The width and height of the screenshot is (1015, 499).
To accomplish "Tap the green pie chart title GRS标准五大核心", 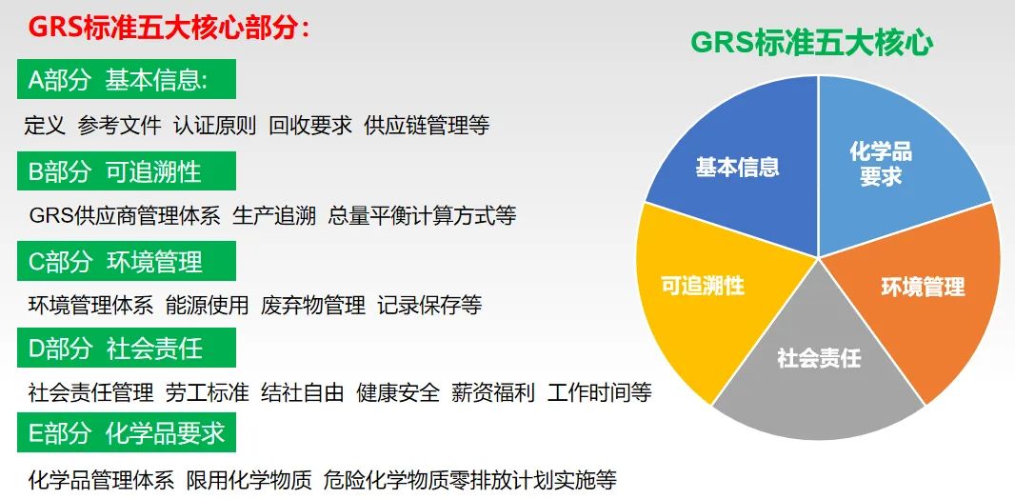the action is pyautogui.click(x=812, y=44).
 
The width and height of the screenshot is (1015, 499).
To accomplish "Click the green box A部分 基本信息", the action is pyautogui.click(x=127, y=79).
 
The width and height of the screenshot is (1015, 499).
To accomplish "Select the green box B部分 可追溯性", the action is pyautogui.click(x=127, y=170).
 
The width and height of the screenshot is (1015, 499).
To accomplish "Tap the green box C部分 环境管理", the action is pyautogui.click(x=127, y=261).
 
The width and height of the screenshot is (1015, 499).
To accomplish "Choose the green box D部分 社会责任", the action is pyautogui.click(x=127, y=348).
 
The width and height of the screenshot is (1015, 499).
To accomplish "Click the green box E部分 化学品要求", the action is pyautogui.click(x=127, y=432).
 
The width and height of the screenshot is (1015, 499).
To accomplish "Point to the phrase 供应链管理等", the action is pyautogui.click(x=427, y=125).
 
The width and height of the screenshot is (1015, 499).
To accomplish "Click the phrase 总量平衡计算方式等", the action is pyautogui.click(x=422, y=215).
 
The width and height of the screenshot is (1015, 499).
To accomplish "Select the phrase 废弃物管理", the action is pyautogui.click(x=313, y=305).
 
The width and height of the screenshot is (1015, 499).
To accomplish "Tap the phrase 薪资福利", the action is pyautogui.click(x=493, y=393).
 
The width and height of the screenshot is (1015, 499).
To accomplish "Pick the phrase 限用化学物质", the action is pyautogui.click(x=249, y=480).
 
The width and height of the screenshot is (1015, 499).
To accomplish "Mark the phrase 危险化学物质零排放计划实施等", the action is pyautogui.click(x=470, y=480).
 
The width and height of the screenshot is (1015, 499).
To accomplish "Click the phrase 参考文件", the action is pyautogui.click(x=119, y=125).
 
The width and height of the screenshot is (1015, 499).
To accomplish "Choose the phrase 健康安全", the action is pyautogui.click(x=398, y=393).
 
